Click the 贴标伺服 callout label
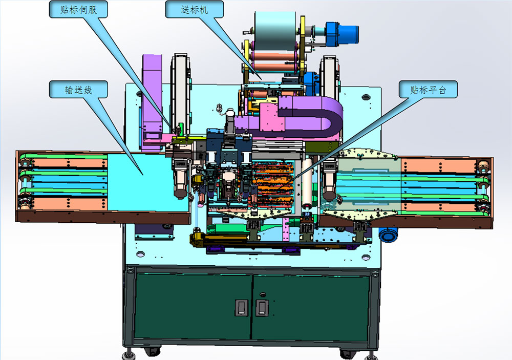[x=78, y=9]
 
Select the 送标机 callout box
[x=194, y=9]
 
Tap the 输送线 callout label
[x=78, y=89]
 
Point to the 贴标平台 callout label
[x=428, y=89]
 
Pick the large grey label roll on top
[x=275, y=31]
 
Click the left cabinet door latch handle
[x=241, y=308]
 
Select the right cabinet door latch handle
[x=262, y=308]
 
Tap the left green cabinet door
[x=194, y=306]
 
